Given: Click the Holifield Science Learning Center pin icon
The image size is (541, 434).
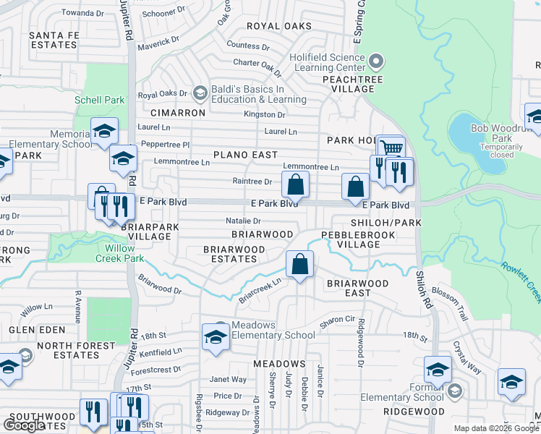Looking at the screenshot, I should pyautogui.click(x=375, y=61).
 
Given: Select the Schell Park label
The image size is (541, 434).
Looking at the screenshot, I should pyautogui.click(x=99, y=100).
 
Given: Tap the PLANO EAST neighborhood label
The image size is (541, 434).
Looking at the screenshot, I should pyautogui.click(x=246, y=155).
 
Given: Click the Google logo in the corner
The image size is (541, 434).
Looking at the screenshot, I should pyautogui.click(x=24, y=425).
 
